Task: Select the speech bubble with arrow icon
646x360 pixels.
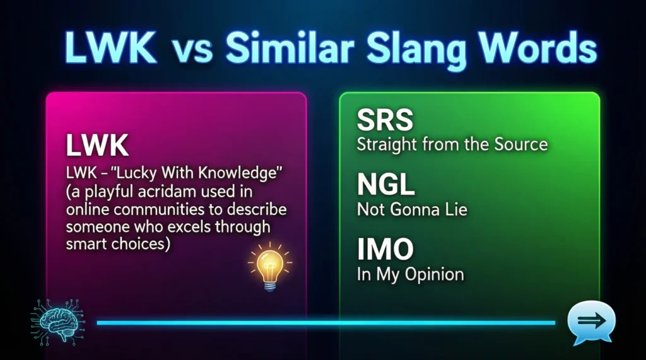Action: [590, 322]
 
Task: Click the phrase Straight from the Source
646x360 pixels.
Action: [452, 144]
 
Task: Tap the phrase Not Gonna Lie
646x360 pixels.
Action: [412, 209]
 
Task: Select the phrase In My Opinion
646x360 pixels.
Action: [410, 274]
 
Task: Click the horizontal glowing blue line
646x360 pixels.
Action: [325, 323]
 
